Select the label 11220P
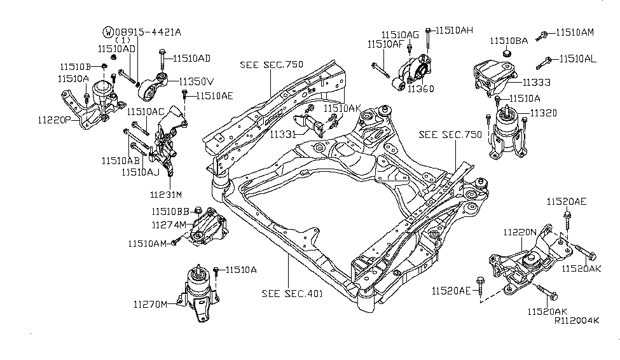click(54, 119)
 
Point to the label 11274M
click(169, 225)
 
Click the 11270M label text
click(150, 304)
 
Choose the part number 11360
click(420, 89)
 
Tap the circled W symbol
click(108, 31)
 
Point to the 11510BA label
click(509, 41)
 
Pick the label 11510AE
click(214, 96)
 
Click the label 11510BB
click(170, 211)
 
